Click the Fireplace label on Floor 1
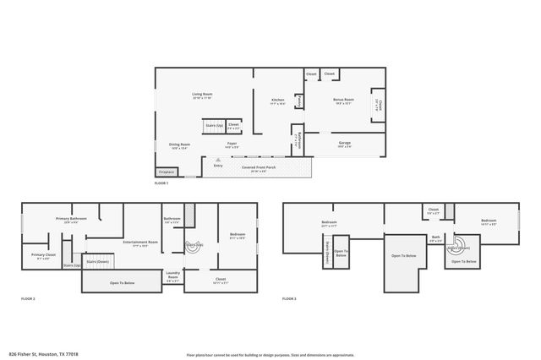click(x=167, y=172)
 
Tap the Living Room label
click(x=201, y=95)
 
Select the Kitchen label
click(x=277, y=101)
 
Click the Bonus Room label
click(x=343, y=101)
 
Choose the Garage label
click(x=345, y=145)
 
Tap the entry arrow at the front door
click(x=218, y=160)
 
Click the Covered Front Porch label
click(x=259, y=168)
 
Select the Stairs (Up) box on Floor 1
click(x=214, y=126)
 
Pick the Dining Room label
click(x=179, y=145)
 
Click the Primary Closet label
click(x=44, y=256)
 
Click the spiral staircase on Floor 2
click(x=194, y=245)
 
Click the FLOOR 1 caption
click(x=161, y=183)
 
